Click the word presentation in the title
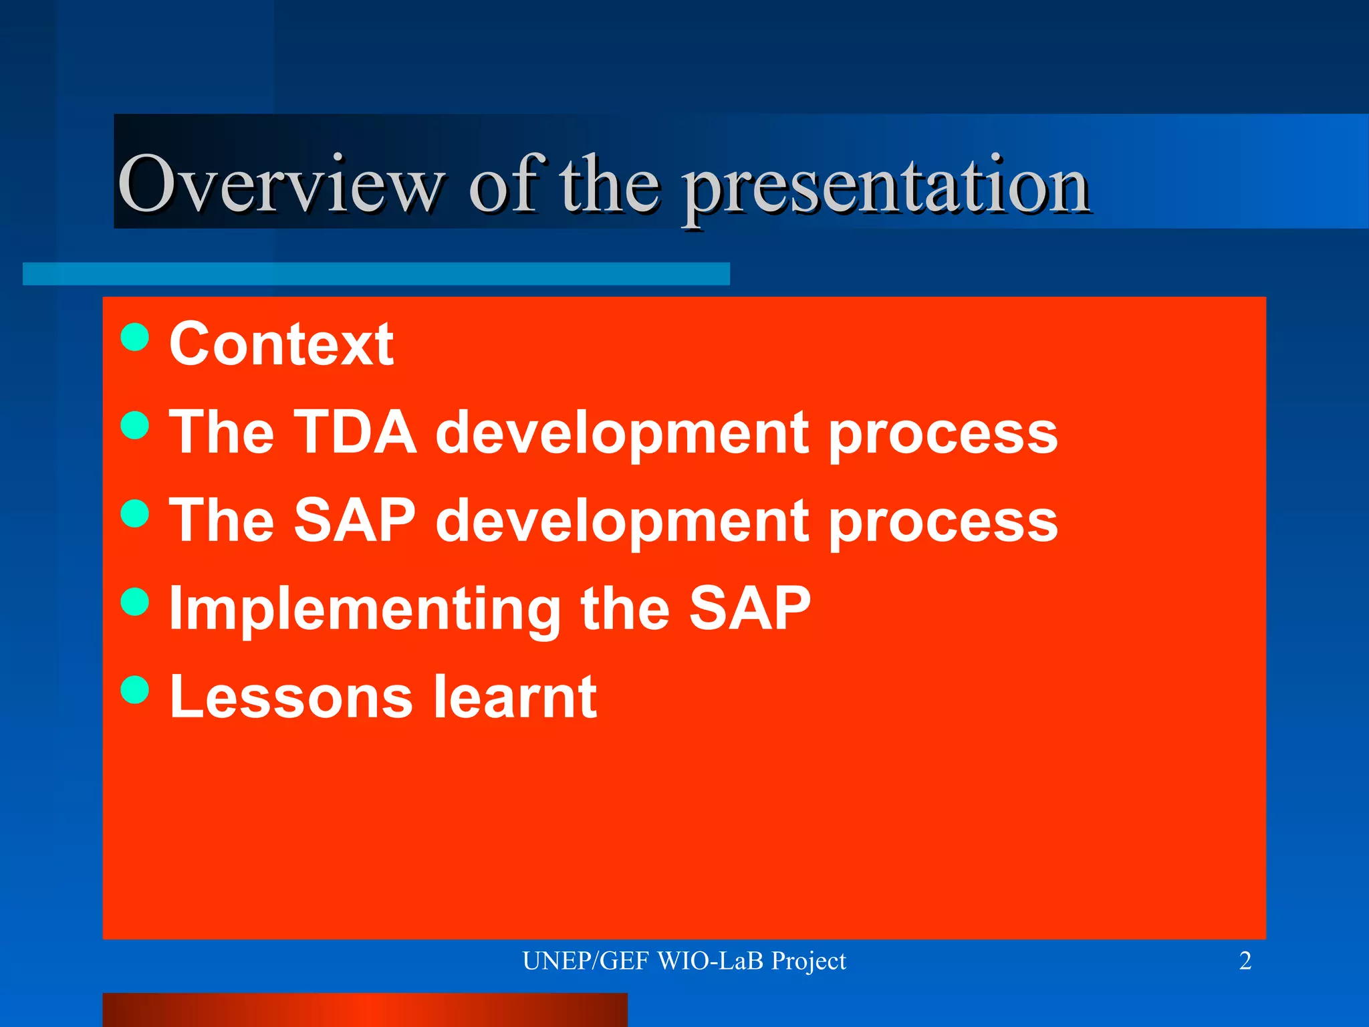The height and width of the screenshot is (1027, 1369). point(886,187)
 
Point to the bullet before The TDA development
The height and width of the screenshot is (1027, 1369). point(135,425)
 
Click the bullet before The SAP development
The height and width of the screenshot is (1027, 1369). point(135,513)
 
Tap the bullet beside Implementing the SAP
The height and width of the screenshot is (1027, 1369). point(135,601)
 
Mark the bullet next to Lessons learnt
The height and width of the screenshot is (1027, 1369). point(135,689)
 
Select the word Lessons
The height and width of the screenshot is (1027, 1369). point(291,697)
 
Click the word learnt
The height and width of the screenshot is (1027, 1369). point(515,697)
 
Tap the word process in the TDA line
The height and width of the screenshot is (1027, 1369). point(943,435)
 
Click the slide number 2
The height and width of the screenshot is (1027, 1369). point(1245,961)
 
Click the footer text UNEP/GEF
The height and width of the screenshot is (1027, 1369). point(585,961)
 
